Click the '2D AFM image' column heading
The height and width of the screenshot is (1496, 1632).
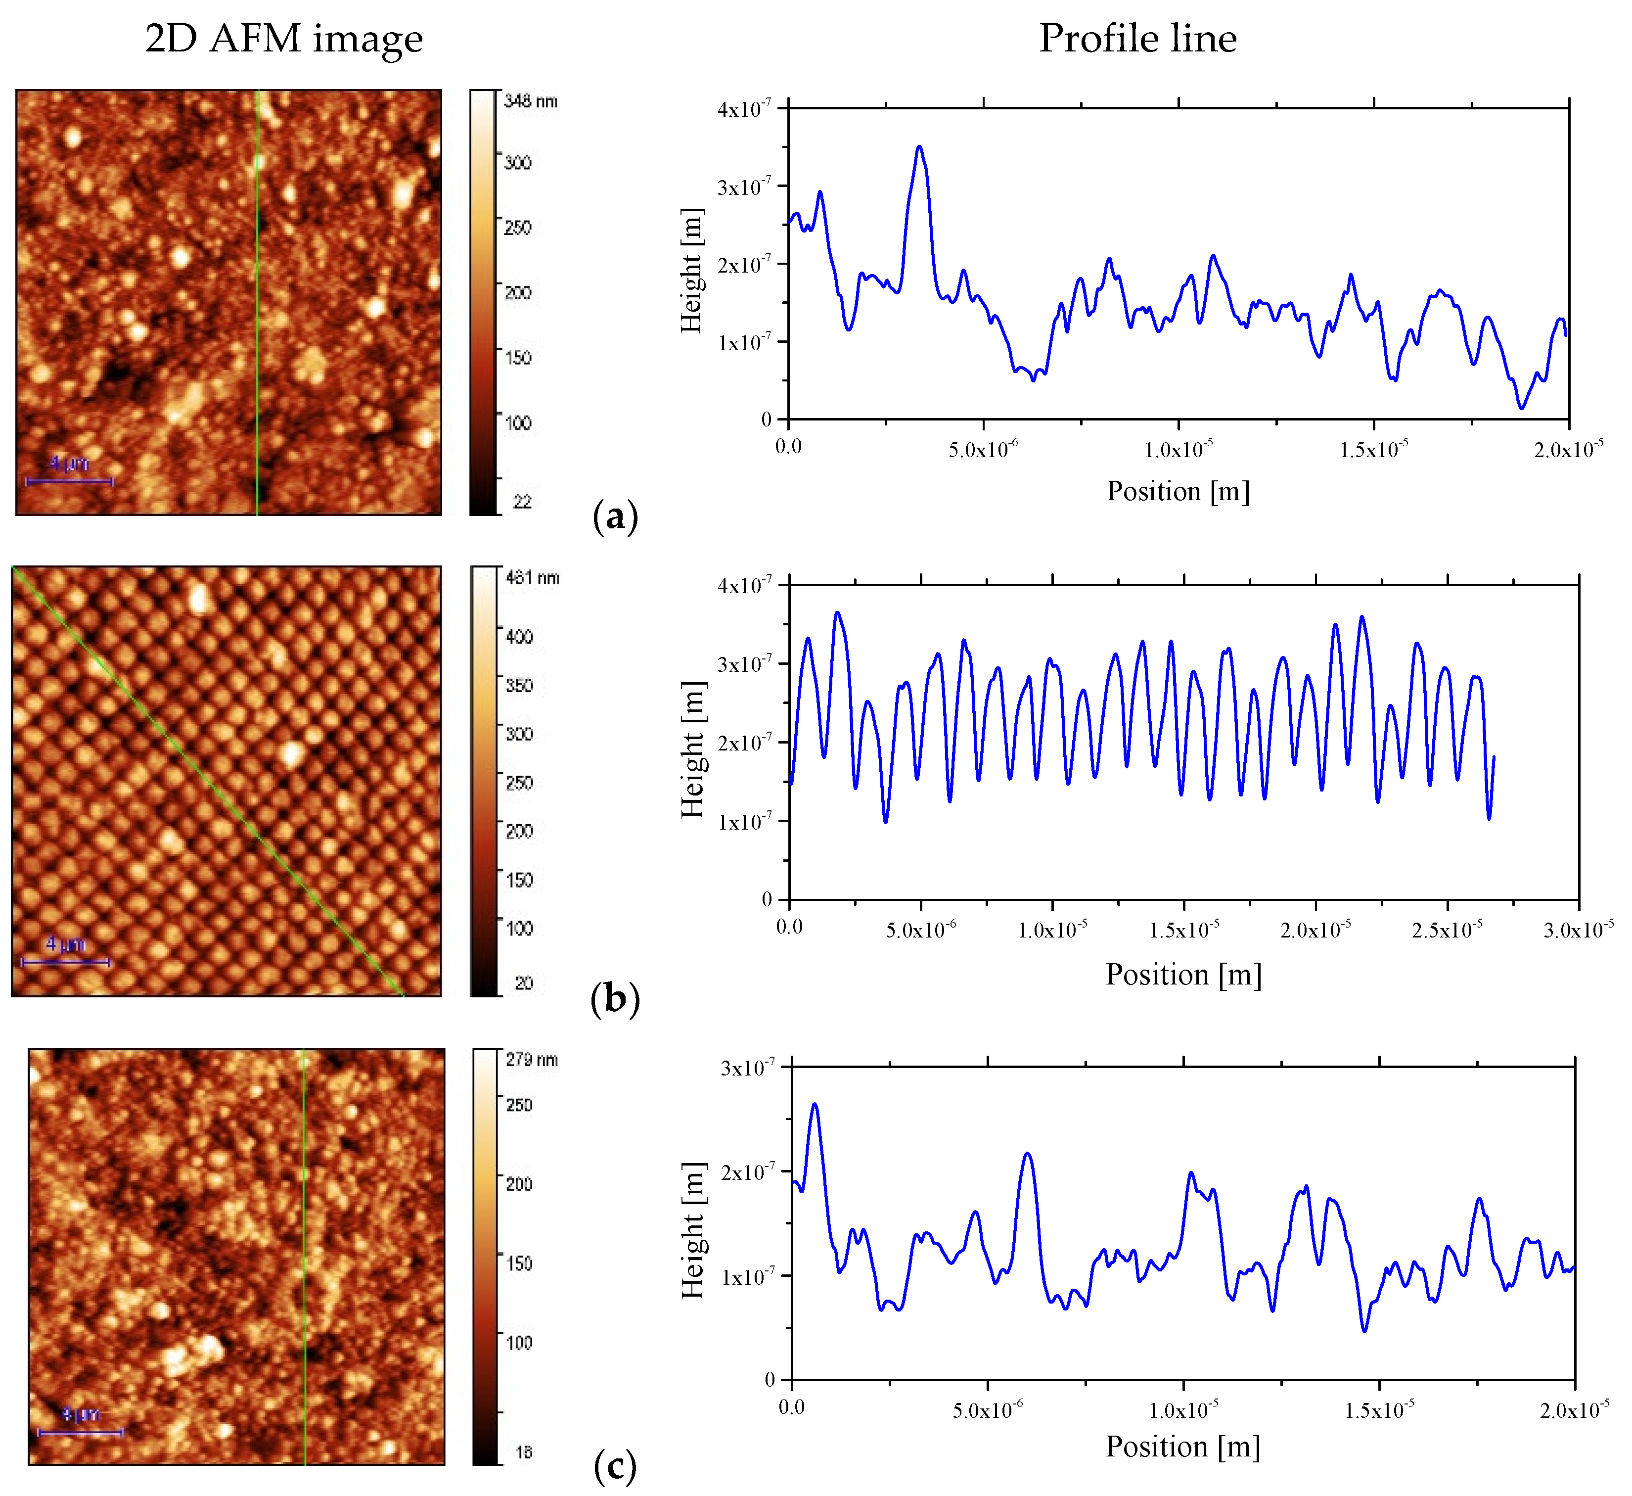(283, 38)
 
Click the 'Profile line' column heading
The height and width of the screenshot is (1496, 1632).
(1137, 38)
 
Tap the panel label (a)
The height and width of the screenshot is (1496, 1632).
(615, 516)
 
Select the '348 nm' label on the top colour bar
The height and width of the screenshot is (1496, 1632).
(530, 101)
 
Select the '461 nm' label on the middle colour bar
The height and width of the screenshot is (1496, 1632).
(532, 577)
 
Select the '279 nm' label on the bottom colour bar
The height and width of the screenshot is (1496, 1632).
(532, 1060)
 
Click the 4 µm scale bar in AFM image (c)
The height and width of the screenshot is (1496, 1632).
(80, 1432)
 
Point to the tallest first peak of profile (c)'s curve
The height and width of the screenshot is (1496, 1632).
(815, 1104)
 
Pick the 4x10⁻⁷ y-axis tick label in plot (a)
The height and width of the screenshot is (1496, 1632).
(744, 108)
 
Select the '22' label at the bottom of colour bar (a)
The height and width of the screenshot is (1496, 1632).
(522, 501)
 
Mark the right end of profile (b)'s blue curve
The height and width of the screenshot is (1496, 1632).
(1494, 756)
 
